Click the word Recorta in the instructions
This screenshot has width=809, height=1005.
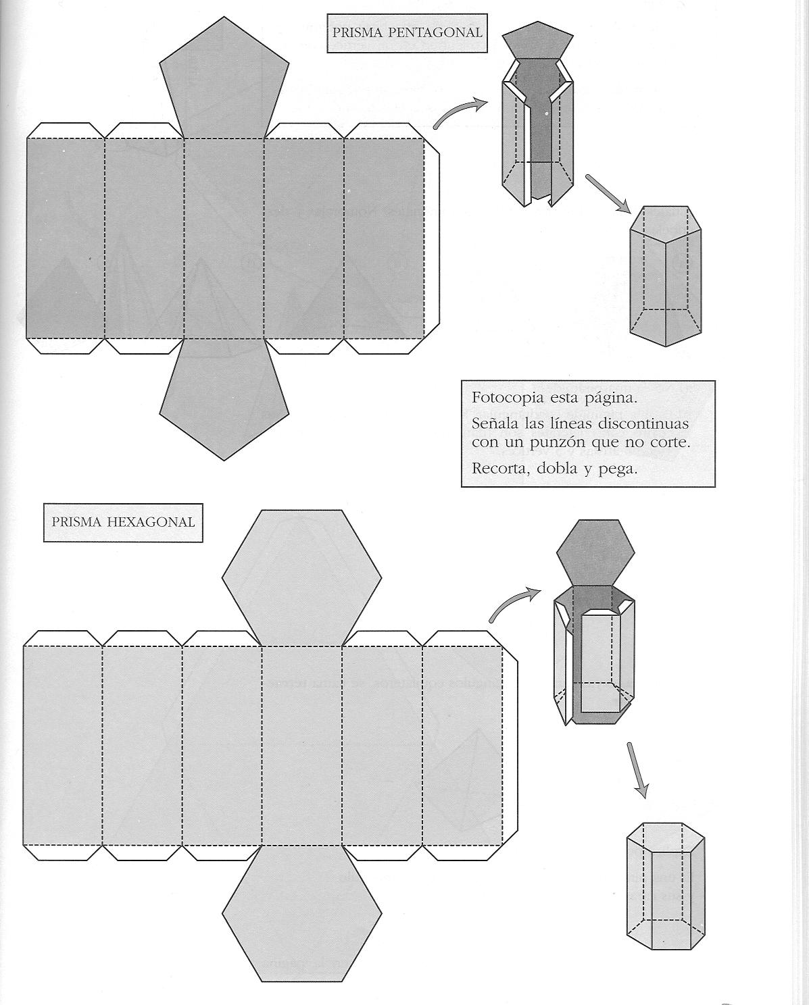click(x=497, y=468)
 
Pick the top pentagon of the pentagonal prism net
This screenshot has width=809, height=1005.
click(x=224, y=84)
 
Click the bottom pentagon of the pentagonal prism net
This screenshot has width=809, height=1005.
click(x=224, y=395)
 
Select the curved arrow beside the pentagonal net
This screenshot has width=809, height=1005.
click(x=460, y=112)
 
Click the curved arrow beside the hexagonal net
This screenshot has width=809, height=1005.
click(x=514, y=603)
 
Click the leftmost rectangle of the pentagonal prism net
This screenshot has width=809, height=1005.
click(x=66, y=238)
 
